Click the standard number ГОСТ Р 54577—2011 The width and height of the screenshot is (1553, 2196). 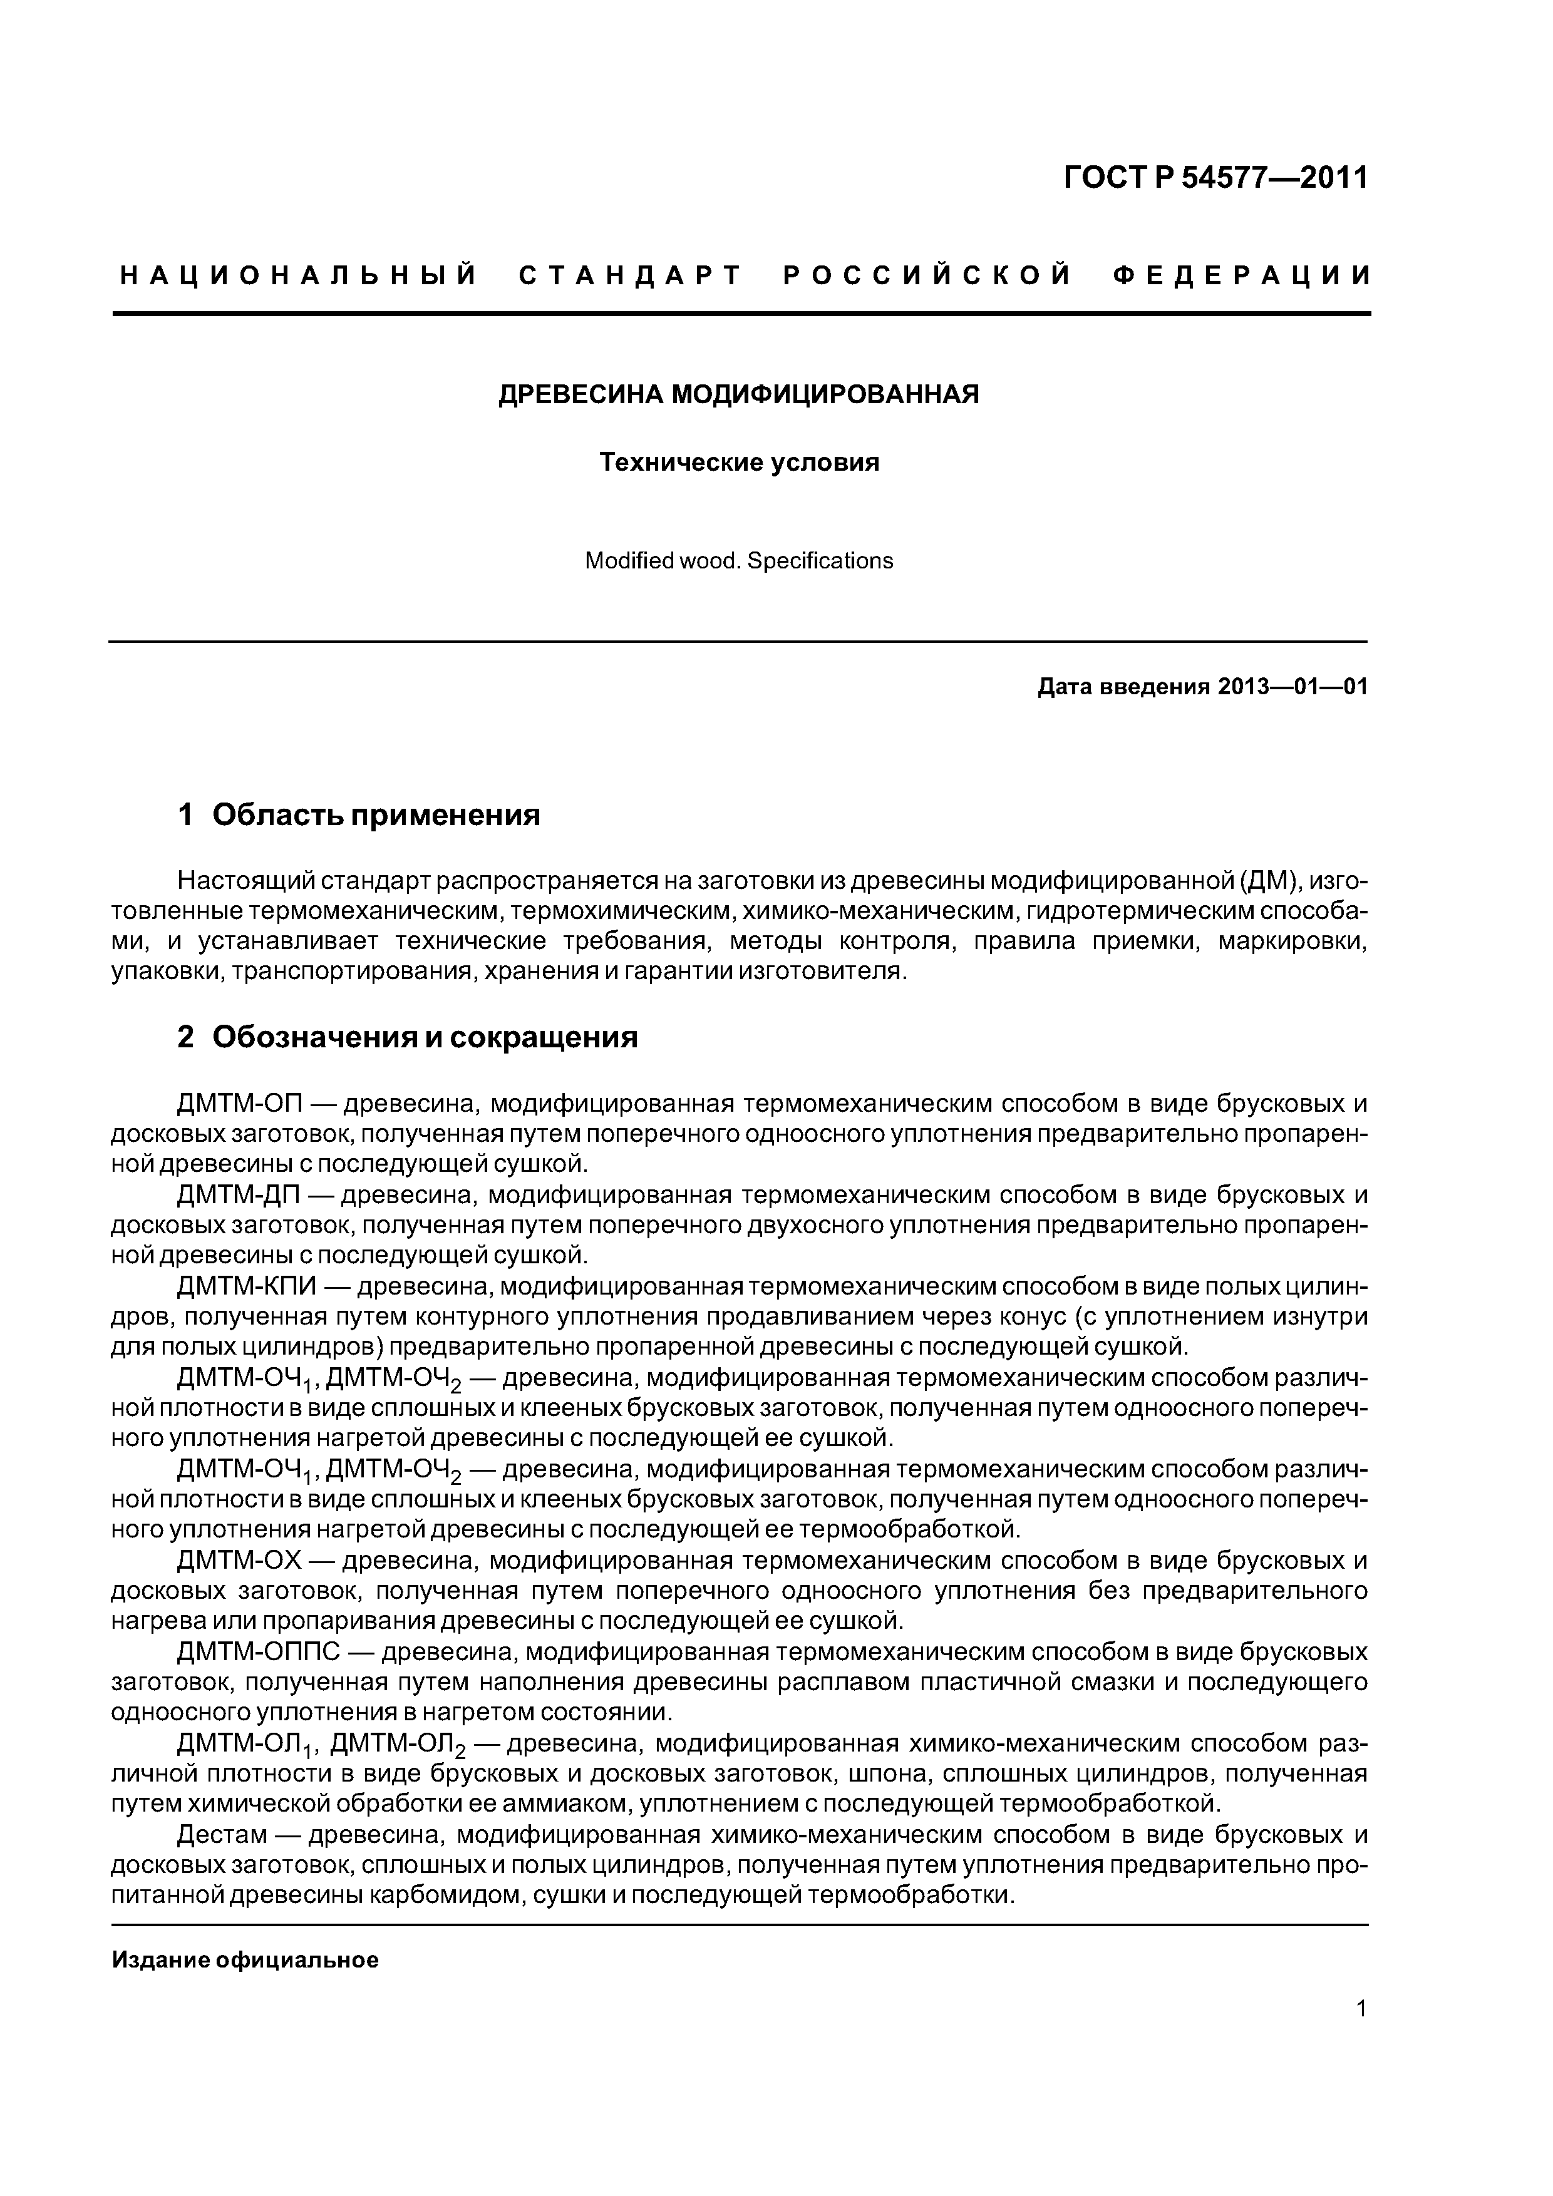coord(1215,178)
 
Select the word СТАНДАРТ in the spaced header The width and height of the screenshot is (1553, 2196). coord(631,277)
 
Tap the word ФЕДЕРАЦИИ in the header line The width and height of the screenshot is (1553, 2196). coord(1242,277)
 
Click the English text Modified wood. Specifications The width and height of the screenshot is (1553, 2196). coord(739,562)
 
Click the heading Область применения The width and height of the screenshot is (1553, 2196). coord(376,815)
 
